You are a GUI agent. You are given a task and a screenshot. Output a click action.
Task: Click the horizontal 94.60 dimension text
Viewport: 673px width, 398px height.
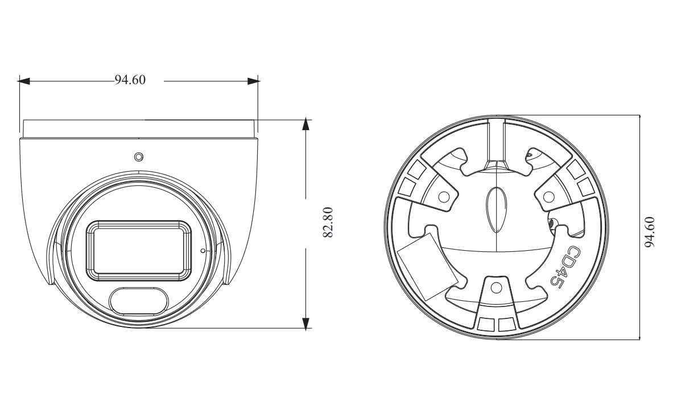point(130,80)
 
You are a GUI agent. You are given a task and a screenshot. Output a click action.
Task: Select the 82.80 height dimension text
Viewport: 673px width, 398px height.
point(328,222)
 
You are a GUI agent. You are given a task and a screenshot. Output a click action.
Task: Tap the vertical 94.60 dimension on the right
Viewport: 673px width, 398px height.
point(650,232)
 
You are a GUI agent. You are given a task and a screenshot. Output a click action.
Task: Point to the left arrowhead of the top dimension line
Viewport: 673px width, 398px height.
point(23,81)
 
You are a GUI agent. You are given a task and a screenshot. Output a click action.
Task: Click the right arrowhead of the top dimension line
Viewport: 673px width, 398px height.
point(253,81)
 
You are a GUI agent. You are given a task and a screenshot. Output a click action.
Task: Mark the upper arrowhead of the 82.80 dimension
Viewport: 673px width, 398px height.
point(305,124)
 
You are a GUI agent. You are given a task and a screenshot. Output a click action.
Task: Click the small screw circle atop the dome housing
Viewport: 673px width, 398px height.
point(138,157)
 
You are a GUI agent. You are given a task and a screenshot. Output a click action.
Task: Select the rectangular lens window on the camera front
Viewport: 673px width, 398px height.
point(139,251)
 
